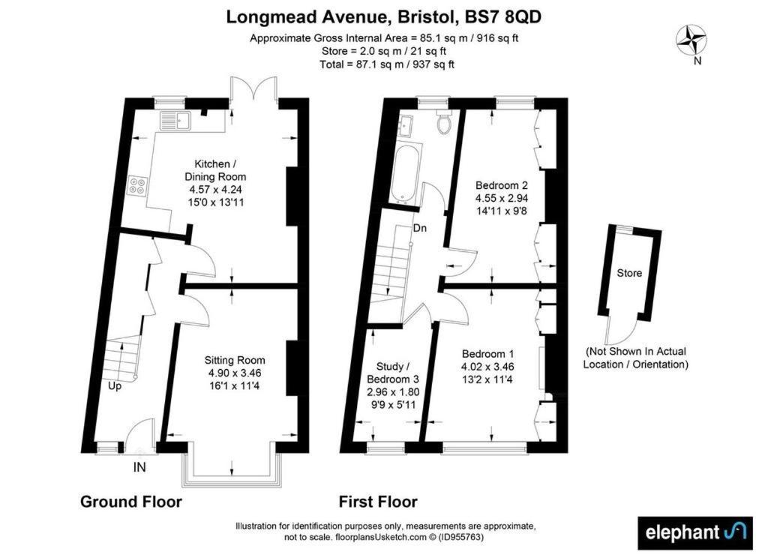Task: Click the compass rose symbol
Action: (690, 40)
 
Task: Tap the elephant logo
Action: (695, 533)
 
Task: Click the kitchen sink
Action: (175, 121)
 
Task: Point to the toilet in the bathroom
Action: (445, 122)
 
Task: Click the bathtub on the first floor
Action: (406, 173)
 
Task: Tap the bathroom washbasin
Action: (406, 126)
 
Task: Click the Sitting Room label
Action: (235, 361)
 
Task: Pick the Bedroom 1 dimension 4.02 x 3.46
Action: (487, 367)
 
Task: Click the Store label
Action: (629, 273)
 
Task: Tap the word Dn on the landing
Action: (420, 228)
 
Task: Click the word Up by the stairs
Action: (115, 386)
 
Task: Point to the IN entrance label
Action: (139, 467)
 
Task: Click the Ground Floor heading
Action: (131, 502)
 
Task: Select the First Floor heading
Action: (378, 502)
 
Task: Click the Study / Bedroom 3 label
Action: (393, 373)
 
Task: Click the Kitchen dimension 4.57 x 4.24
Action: (215, 190)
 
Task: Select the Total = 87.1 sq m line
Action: (387, 64)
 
